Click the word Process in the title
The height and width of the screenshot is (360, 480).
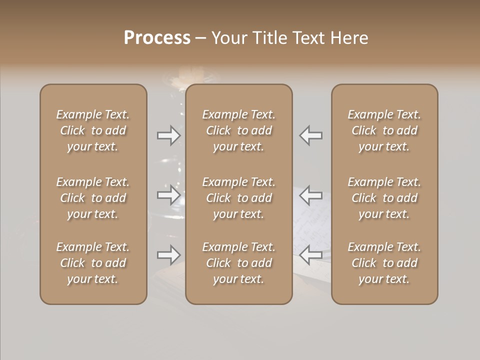point(157,38)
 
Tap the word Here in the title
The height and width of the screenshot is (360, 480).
point(350,38)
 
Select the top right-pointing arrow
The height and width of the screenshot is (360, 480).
point(168,135)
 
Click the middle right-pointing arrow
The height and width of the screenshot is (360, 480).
point(168,195)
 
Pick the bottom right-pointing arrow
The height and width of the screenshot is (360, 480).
point(168,255)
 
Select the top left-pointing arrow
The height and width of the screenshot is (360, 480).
point(311,135)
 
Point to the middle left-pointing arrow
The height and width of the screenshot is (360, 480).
point(311,195)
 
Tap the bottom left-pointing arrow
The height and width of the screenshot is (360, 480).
point(311,255)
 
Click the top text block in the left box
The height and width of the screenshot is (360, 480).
point(93,130)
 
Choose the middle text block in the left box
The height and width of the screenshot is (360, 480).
point(93,198)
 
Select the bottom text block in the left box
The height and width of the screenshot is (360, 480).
point(93,263)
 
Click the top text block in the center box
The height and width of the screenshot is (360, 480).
point(238,130)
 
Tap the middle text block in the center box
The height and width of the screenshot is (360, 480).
point(238,198)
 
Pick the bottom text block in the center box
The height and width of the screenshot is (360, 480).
point(238,263)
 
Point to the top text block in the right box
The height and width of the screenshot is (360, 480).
point(384,130)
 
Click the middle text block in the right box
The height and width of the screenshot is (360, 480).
point(384,198)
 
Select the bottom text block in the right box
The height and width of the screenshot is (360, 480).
point(384,263)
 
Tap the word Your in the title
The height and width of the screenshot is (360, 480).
point(229,38)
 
